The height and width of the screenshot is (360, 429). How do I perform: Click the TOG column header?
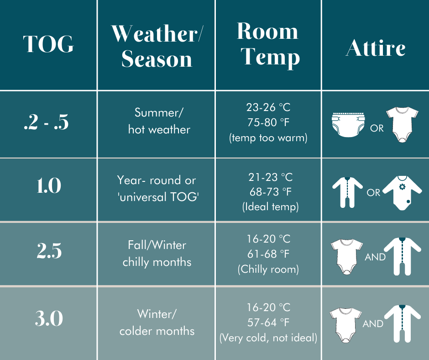(x=48, y=44)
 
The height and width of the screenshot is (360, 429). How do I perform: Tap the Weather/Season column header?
(x=157, y=46)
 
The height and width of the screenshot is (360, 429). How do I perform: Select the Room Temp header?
(x=268, y=44)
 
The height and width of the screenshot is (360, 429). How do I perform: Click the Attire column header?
(x=375, y=48)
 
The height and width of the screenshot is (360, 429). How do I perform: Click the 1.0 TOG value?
(x=48, y=186)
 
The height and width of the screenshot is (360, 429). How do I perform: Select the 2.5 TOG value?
(x=49, y=252)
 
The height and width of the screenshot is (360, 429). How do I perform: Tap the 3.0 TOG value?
(x=49, y=318)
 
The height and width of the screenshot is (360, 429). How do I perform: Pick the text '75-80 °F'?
(x=268, y=122)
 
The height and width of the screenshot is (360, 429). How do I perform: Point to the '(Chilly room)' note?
(x=268, y=270)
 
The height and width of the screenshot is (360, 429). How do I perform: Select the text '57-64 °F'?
(x=268, y=323)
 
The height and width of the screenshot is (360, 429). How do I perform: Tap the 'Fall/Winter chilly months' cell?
(x=157, y=254)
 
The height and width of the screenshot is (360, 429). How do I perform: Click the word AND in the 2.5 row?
(x=375, y=257)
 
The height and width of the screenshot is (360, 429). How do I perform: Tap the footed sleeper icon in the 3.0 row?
(x=402, y=323)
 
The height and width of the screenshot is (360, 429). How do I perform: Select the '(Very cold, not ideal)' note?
(x=268, y=339)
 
